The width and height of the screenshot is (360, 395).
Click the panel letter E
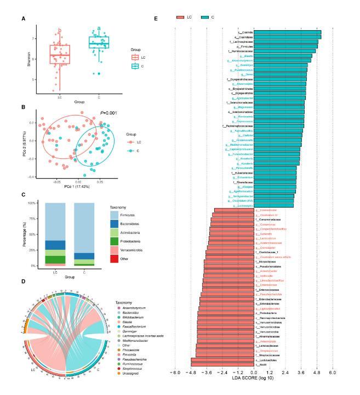pyautogui.click(x=156, y=19)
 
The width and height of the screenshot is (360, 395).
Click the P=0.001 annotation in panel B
pyautogui.click(x=108, y=113)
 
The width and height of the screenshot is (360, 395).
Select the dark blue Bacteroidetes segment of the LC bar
pyautogui.click(x=54, y=245)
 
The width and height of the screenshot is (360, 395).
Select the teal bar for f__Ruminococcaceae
pyautogui.click(x=285, y=50)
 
